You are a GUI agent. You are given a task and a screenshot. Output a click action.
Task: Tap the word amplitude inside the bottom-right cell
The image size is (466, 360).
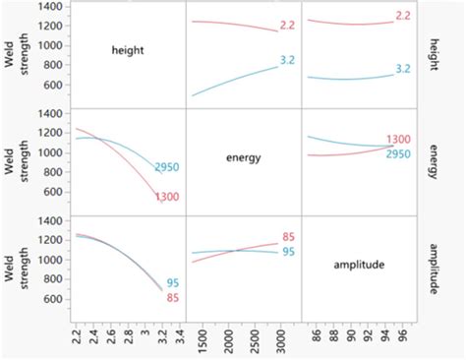click(x=359, y=265)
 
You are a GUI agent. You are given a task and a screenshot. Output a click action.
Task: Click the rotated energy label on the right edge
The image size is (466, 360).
click(x=434, y=158)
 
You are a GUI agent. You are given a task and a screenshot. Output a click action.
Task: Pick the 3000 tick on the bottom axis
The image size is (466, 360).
click(x=280, y=340)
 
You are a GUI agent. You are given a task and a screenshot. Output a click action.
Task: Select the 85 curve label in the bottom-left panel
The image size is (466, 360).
click(x=173, y=297)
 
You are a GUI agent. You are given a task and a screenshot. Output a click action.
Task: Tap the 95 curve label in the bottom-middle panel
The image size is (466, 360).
click(x=290, y=252)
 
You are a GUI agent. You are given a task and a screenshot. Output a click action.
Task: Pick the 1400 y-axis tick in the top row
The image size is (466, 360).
click(x=52, y=7)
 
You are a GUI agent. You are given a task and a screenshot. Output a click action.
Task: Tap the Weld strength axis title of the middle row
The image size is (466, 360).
click(x=14, y=156)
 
